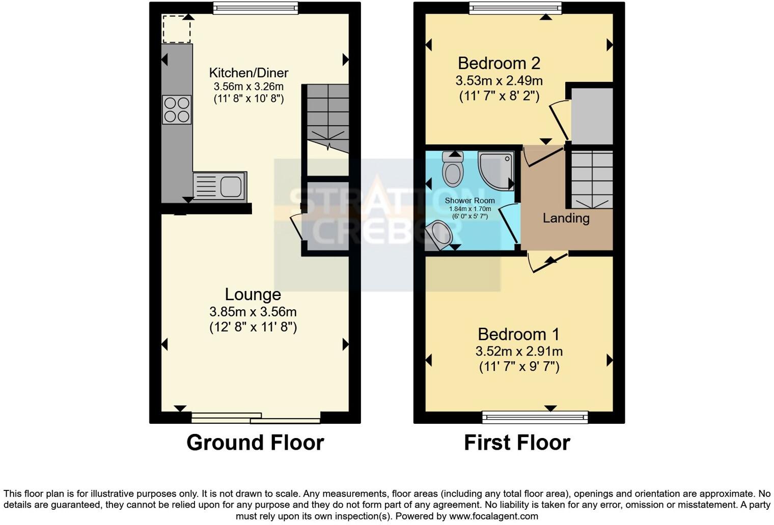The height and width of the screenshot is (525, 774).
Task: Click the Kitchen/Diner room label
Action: tap(248, 73)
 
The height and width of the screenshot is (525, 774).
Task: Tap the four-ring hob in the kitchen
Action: tap(177, 110)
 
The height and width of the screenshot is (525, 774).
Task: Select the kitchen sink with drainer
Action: tap(220, 186)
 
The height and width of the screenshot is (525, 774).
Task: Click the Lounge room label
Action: tap(253, 295)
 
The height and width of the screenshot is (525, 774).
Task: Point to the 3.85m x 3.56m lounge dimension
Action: tap(253, 311)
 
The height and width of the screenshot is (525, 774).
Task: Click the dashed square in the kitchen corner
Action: tap(176, 29)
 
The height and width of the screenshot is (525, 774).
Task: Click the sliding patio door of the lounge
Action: tap(256, 418)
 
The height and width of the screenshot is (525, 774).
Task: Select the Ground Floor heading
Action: tap(255, 443)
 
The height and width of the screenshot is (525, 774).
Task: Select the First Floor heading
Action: tap(517, 443)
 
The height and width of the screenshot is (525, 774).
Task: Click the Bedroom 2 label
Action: tap(499, 63)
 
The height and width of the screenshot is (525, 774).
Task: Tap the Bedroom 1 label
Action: tap(518, 334)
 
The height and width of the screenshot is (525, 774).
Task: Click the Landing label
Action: tap(566, 218)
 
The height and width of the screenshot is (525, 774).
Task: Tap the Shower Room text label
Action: tap(469, 200)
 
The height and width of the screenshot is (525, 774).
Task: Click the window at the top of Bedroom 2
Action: tap(515, 8)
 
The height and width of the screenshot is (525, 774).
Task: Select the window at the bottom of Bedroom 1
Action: tap(535, 418)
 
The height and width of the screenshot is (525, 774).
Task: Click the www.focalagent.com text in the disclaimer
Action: tap(493, 516)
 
